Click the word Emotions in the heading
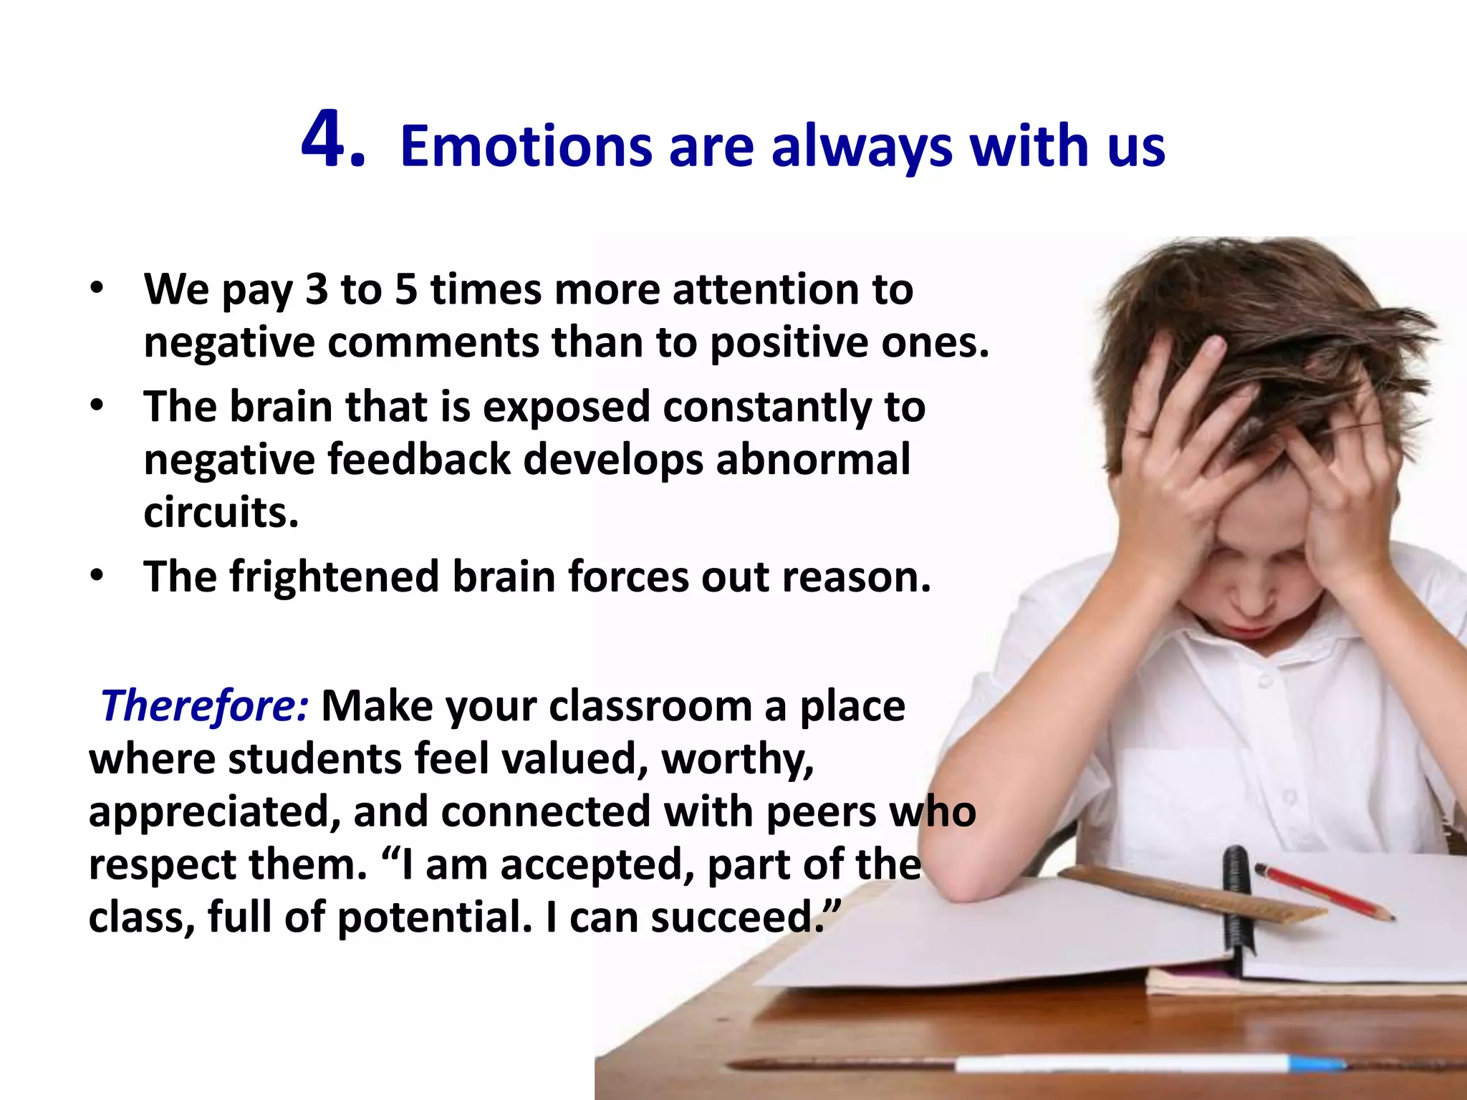525,147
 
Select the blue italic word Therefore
204,705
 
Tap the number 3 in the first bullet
317,290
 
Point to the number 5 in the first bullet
406,290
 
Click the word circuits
221,512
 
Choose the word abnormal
813,459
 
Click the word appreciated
214,813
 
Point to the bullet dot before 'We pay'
97,289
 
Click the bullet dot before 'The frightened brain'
97,576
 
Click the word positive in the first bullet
789,342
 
